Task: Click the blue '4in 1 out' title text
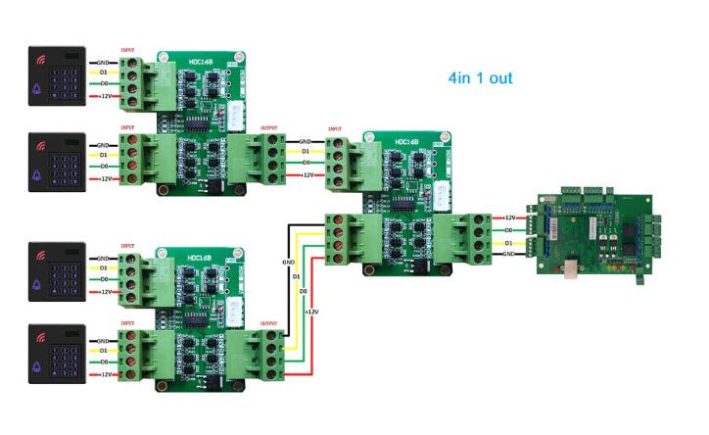(x=480, y=77)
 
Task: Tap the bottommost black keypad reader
(x=55, y=352)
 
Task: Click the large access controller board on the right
(x=593, y=231)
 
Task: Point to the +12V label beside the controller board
(x=508, y=218)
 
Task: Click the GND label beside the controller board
(x=508, y=254)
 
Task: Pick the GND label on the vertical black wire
(x=288, y=263)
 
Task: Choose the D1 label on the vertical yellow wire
(x=297, y=277)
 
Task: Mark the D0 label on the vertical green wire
(x=304, y=292)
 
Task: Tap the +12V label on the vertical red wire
(x=312, y=312)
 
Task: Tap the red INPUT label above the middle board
(x=335, y=129)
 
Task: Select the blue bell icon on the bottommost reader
(x=38, y=362)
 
